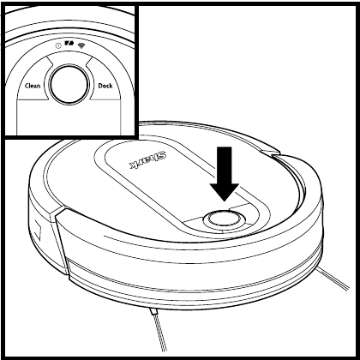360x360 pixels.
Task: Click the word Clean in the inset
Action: click(x=33, y=86)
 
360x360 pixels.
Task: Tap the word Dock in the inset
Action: click(x=105, y=86)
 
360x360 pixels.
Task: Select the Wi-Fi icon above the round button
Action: click(x=82, y=45)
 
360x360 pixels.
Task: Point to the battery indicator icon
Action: click(x=69, y=44)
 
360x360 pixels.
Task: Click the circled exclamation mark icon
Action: click(x=58, y=45)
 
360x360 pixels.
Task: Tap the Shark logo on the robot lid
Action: click(x=148, y=160)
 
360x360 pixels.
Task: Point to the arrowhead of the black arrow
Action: click(x=225, y=192)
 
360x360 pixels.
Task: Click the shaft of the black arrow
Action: click(x=225, y=165)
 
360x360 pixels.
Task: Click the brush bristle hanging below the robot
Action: click(x=159, y=333)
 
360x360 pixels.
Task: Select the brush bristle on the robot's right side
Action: click(x=333, y=278)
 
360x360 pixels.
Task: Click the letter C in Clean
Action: click(x=27, y=86)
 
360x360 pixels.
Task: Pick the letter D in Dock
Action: click(x=100, y=86)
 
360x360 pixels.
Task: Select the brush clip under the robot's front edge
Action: click(x=153, y=311)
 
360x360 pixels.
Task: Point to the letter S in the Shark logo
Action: click(x=163, y=156)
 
